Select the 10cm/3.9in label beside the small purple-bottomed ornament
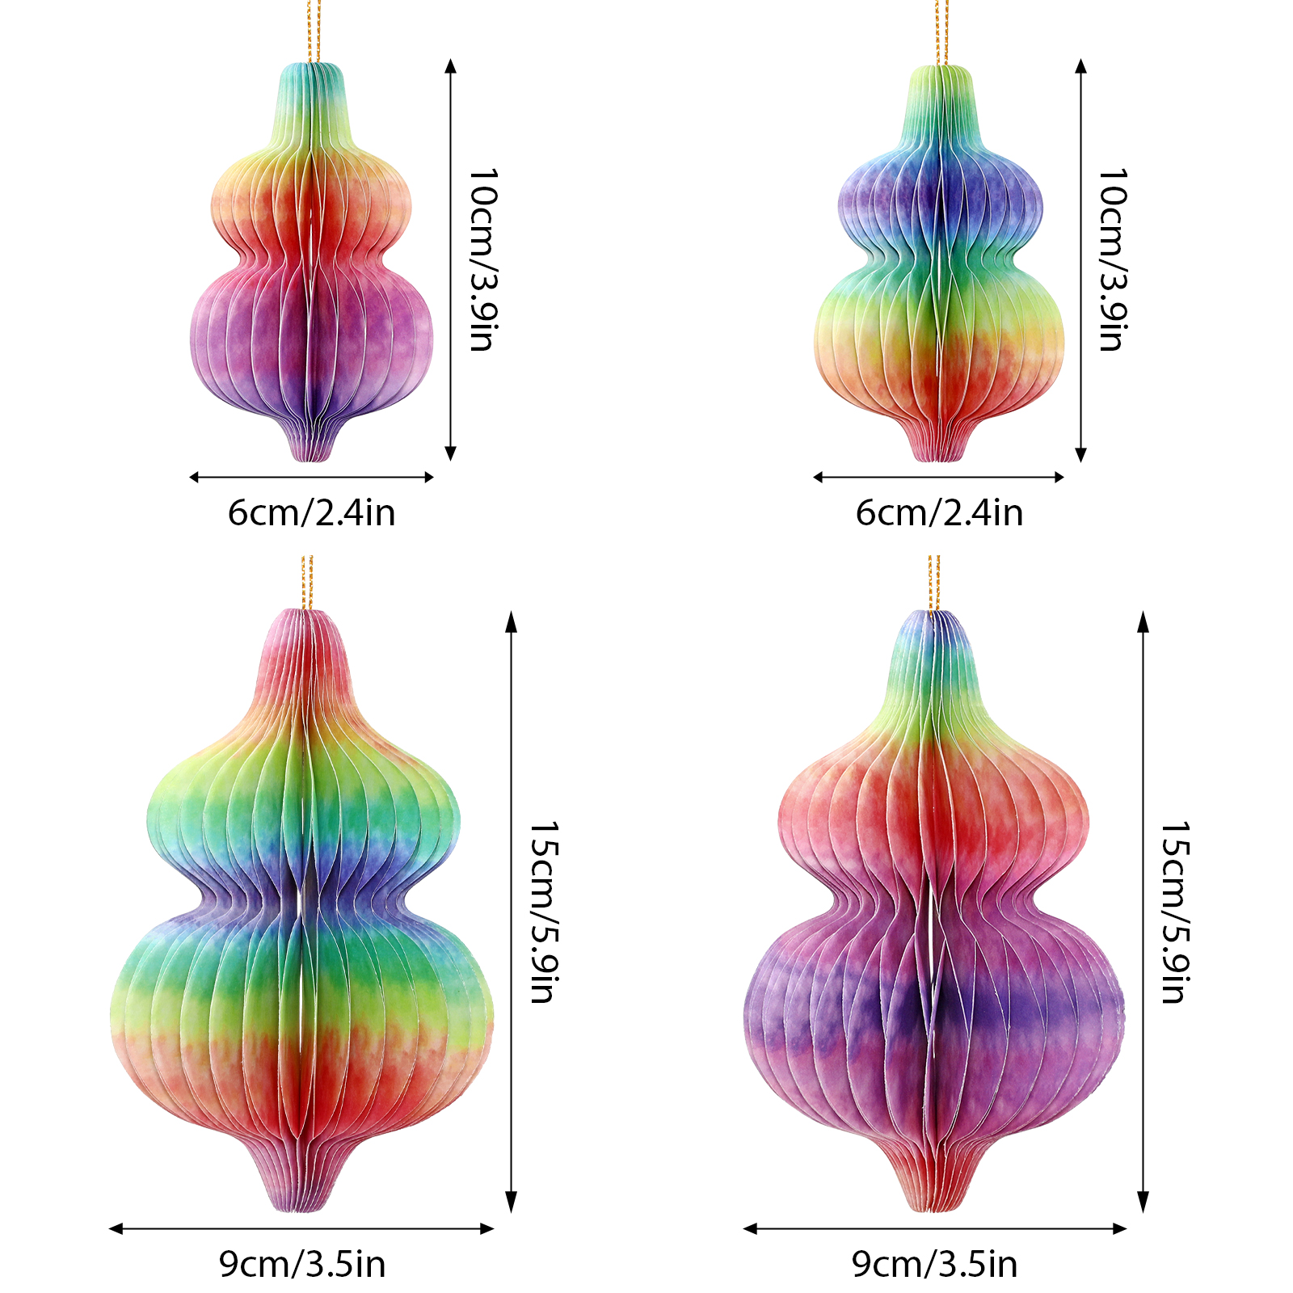tap(482, 259)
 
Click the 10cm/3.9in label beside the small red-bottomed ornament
tap(1112, 259)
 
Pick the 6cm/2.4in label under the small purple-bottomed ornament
tap(311, 513)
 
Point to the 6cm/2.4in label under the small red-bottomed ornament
tap(939, 513)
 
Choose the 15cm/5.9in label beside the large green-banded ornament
tap(544, 912)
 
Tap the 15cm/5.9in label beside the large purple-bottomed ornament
tap(1175, 912)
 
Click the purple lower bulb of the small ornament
tap(311, 339)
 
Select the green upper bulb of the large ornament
tap(303, 800)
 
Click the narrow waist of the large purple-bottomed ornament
tap(933, 897)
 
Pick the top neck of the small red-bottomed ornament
tap(940, 97)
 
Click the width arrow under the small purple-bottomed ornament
tap(311, 477)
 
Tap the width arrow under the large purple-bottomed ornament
tap(934, 1228)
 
